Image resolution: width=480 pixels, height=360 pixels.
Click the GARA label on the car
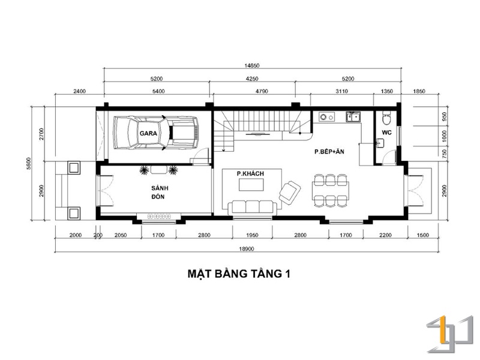(x=148, y=133)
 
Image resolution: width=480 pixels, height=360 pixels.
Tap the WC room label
(x=386, y=133)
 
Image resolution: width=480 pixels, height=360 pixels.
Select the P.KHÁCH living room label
(x=250, y=173)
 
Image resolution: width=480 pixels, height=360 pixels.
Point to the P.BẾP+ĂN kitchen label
(x=329, y=151)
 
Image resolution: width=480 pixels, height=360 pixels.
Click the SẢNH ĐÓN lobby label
(x=160, y=192)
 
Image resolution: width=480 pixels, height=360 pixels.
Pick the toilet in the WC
(x=386, y=117)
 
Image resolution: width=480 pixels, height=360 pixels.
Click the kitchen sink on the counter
(x=353, y=116)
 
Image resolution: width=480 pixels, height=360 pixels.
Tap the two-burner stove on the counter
(x=326, y=116)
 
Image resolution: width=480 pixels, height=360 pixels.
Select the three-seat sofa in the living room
(x=252, y=208)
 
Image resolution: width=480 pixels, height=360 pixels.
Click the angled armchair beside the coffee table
(x=290, y=192)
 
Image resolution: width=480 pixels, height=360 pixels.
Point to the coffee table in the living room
(x=251, y=185)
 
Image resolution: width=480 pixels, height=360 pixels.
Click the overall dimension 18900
(x=247, y=249)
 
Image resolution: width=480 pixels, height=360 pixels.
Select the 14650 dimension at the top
(x=252, y=65)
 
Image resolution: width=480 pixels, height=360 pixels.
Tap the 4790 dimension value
(x=262, y=91)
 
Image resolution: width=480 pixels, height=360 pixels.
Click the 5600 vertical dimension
(x=29, y=164)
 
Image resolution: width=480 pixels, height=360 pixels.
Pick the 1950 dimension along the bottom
(x=252, y=235)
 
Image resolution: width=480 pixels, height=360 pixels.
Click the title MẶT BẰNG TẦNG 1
(x=239, y=274)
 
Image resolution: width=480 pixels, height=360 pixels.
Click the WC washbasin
(x=380, y=143)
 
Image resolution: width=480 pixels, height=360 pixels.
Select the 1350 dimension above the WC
(x=386, y=91)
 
